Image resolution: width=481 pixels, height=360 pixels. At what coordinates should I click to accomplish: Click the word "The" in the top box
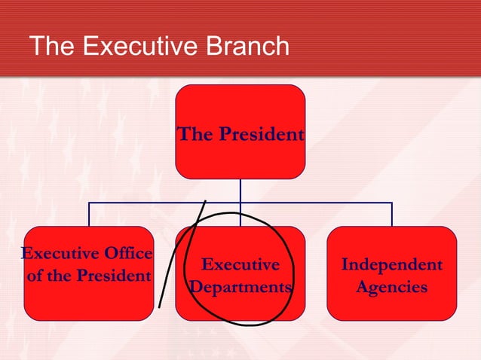click(x=191, y=136)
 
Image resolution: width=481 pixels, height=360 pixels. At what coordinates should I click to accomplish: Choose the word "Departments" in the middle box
click(x=240, y=288)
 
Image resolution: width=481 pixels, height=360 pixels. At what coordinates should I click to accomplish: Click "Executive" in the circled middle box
click(x=240, y=265)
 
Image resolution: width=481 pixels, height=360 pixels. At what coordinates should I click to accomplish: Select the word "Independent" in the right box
click(x=391, y=265)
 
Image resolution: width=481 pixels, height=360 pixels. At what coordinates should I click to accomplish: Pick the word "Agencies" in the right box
click(x=391, y=288)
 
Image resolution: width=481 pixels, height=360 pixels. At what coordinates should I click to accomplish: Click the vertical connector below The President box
click(x=240, y=191)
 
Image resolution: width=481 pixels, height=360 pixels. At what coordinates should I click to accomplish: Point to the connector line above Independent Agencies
click(x=392, y=215)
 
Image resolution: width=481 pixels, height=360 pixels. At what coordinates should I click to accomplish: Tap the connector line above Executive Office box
click(x=89, y=215)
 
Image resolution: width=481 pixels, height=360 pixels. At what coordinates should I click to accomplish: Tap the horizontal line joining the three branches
click(x=317, y=203)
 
